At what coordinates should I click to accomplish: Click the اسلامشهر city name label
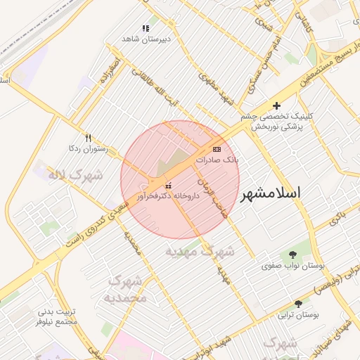pos(271,193)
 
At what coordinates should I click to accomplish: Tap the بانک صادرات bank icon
pos(216,149)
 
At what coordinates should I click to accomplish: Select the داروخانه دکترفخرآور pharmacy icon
pos(167,186)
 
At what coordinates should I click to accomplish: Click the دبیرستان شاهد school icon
pos(146,28)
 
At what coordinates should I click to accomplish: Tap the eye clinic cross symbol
pos(276,105)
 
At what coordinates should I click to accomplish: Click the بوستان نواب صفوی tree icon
pos(292,255)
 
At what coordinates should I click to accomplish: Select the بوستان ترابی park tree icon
pos(298,304)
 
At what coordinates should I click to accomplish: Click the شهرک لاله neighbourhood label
pos(75,174)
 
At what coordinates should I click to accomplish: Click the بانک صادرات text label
pos(218,160)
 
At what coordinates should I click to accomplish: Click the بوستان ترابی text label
pos(298,316)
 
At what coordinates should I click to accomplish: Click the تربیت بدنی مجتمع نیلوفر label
pos(56,316)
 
